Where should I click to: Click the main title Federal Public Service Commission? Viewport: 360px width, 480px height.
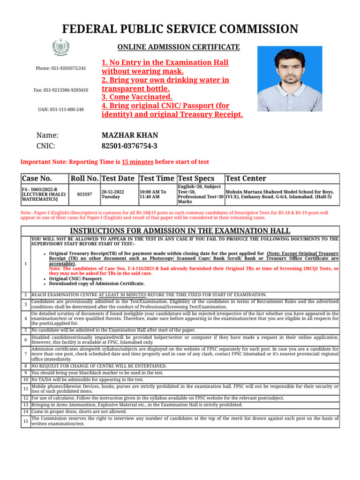pos(180,29)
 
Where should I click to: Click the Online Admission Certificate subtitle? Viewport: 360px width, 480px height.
pos(178,47)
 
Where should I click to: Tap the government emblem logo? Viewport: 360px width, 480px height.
pos(61,47)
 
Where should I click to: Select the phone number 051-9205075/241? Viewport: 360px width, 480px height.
pos(61,68)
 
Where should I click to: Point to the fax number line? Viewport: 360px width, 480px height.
pos(61,90)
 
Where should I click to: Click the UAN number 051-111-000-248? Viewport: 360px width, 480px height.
pos(61,109)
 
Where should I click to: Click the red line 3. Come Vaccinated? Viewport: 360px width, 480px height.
pos(137,97)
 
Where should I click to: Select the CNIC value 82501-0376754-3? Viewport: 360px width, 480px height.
pos(129,146)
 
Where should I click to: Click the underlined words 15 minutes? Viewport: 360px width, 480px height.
pos(137,162)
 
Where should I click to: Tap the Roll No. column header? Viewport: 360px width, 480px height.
pos(84,179)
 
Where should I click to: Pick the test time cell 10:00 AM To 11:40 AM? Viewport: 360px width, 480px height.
pos(152,194)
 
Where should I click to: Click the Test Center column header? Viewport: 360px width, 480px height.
pos(246,179)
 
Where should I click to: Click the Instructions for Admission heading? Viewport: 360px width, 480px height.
pos(180,231)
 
